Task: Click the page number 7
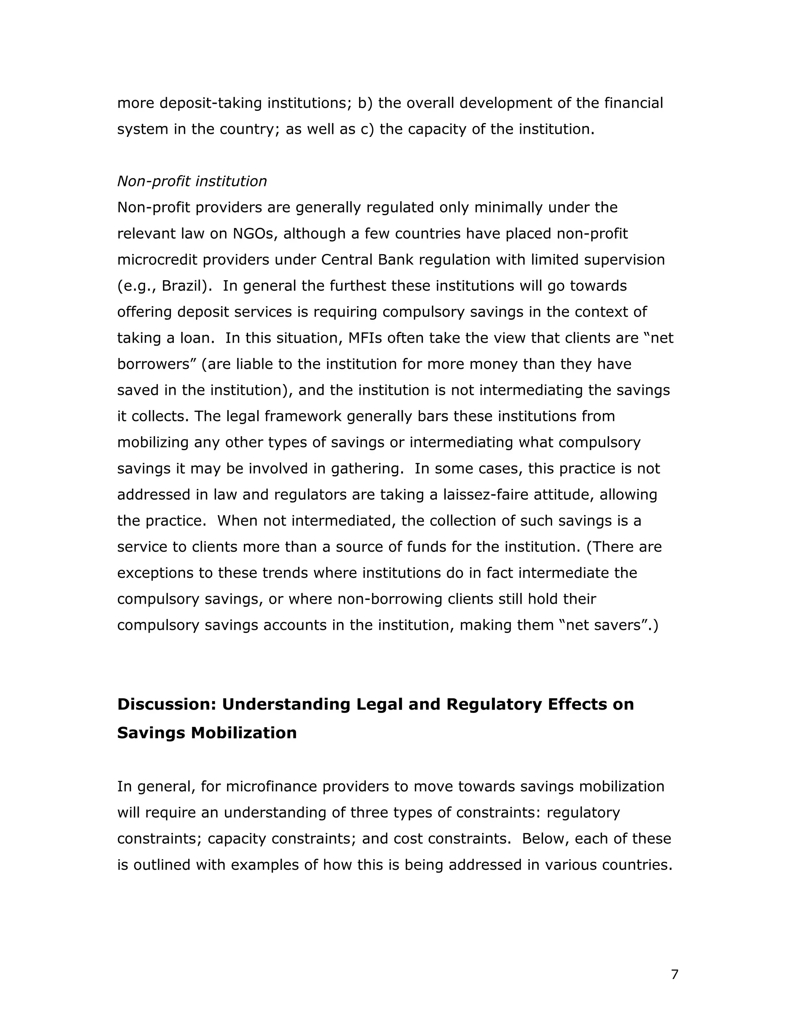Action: (x=674, y=974)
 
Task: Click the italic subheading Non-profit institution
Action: (x=192, y=181)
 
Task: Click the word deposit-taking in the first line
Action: (x=210, y=103)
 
